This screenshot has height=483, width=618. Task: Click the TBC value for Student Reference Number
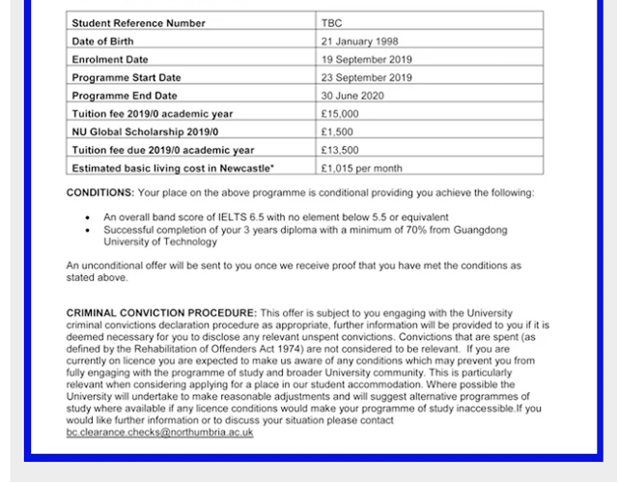331,21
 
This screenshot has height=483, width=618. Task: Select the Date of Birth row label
103,41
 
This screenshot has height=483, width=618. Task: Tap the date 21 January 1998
359,41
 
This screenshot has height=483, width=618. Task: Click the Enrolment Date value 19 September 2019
367,59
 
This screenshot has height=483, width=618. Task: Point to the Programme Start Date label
126,77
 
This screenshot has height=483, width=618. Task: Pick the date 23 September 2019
367,77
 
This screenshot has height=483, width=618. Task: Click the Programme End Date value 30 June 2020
353,96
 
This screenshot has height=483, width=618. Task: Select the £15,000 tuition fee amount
340,114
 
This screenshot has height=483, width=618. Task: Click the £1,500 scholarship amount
337,131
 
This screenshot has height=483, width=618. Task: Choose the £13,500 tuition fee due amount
340,150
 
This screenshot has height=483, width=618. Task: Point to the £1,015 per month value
362,168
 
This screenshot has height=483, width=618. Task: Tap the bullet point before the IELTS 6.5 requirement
89,218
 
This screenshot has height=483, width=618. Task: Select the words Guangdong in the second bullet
480,230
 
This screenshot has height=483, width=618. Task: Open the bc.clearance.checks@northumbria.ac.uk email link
159,433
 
